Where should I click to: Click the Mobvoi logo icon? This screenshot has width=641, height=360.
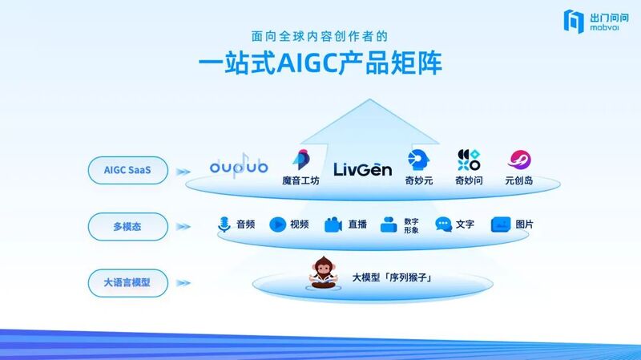coord(574,21)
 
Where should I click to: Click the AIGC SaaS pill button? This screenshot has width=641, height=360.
coord(128,170)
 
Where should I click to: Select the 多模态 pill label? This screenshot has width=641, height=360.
coord(128,227)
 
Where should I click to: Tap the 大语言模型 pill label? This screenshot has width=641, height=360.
coord(128,283)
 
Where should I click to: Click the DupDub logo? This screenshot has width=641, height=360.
coord(239,166)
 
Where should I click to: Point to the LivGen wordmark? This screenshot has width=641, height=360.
coord(363,169)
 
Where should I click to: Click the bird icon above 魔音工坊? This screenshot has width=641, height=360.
coord(301,160)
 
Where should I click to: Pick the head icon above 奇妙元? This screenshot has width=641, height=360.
coord(418,160)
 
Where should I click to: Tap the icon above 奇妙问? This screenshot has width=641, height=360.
coord(469,160)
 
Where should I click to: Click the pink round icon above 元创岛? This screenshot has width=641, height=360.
coord(519,160)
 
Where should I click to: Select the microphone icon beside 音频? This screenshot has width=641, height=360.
coord(224,224)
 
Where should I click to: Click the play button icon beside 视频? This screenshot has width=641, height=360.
coord(277,224)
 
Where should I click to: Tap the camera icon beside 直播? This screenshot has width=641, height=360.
coord(333,224)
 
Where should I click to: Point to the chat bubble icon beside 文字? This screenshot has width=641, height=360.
coord(444,224)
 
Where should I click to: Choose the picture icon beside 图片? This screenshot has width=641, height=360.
coord(501,224)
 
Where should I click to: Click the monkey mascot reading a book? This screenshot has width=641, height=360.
coord(324,273)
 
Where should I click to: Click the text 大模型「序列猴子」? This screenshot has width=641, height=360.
coord(392,277)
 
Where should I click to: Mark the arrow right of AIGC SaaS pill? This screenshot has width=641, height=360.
coord(183,172)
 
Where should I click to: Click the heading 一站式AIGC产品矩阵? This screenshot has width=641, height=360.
coord(320,63)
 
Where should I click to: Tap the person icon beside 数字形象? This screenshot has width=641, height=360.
coord(389,224)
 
